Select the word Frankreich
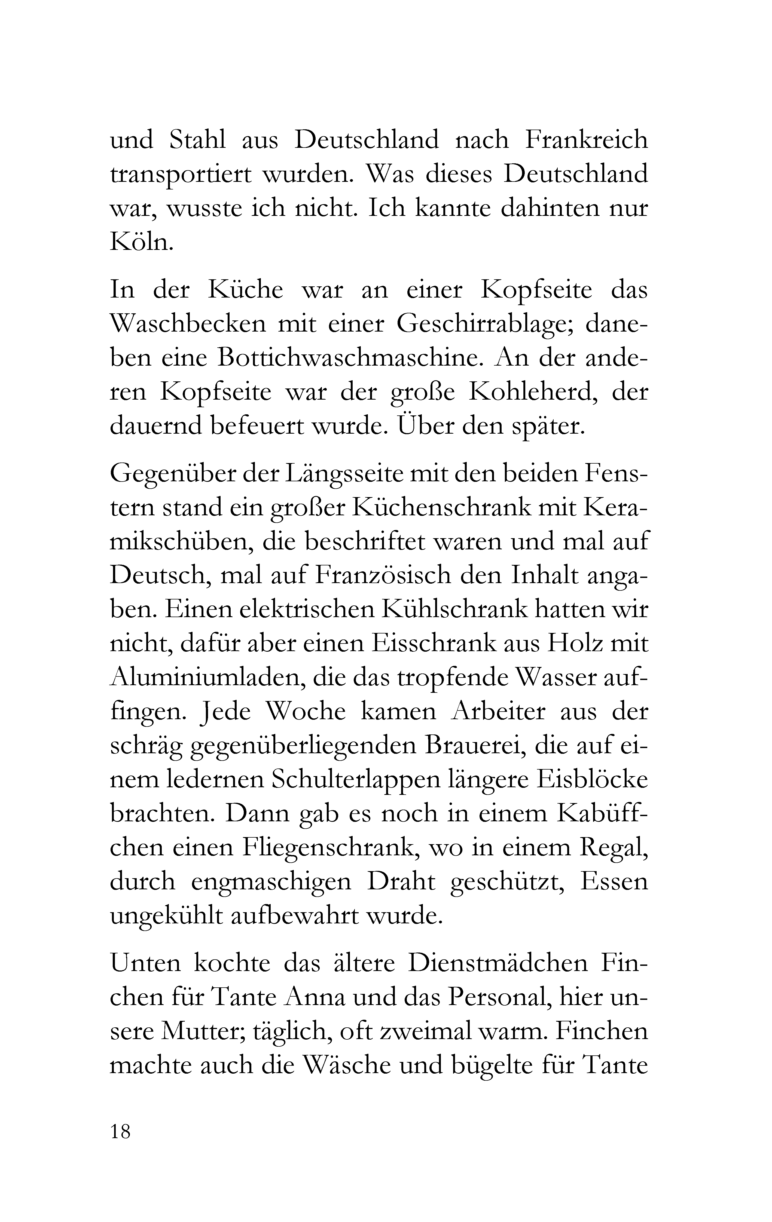coord(586,140)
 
